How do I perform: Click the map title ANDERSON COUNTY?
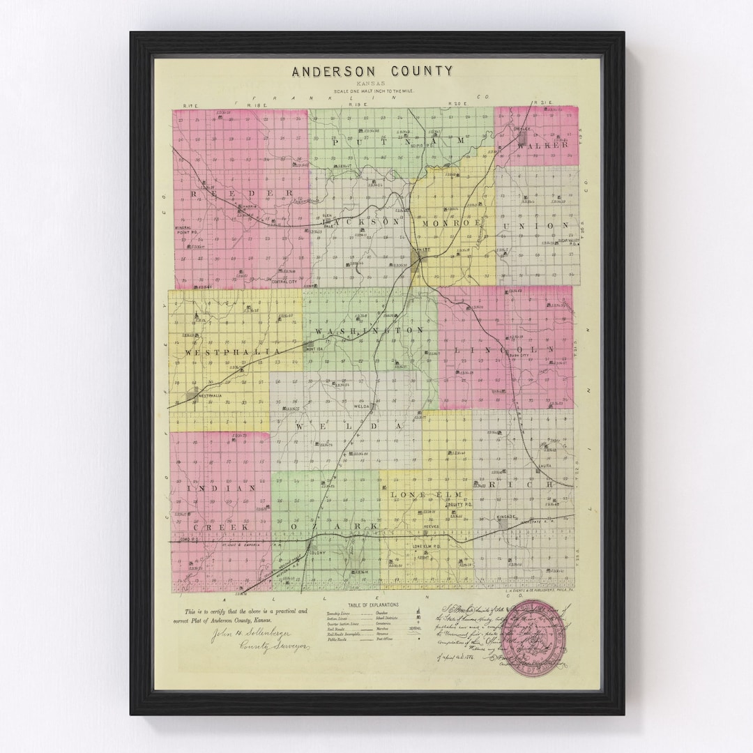(372, 72)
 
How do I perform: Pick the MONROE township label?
(452, 222)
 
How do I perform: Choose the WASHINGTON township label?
(369, 330)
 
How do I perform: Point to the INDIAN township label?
(214, 489)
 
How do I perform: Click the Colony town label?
(318, 553)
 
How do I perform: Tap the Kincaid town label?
(506, 517)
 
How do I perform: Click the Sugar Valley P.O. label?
(570, 241)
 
